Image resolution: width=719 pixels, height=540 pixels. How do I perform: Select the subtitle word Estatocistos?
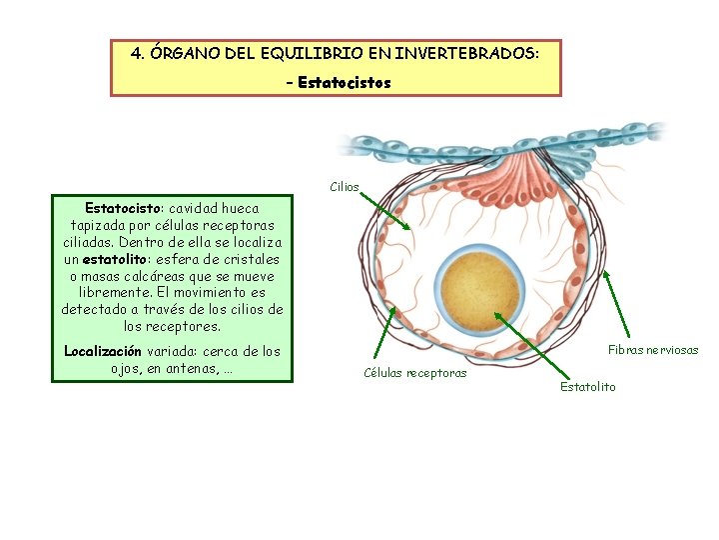tap(344, 82)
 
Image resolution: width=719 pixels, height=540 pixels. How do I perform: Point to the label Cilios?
tap(345, 187)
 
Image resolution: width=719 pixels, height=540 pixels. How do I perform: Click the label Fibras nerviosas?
tap(653, 350)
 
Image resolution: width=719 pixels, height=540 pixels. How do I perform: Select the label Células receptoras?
tap(414, 373)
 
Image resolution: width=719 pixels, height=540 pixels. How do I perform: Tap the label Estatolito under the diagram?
tap(588, 386)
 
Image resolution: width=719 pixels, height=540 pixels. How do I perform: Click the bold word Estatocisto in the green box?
tap(122, 208)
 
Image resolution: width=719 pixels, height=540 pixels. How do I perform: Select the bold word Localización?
tap(103, 351)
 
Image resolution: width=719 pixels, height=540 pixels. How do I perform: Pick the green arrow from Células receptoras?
tap(384, 331)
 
